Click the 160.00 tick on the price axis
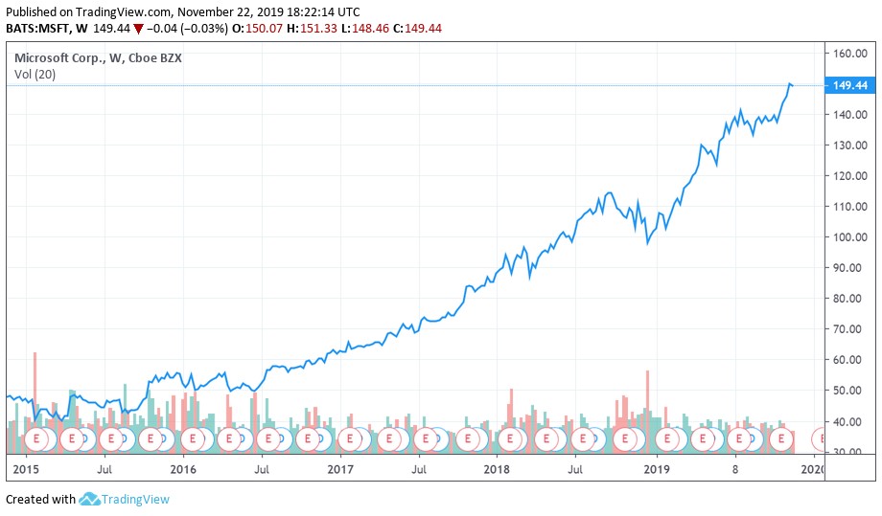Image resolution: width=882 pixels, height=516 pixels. [850, 54]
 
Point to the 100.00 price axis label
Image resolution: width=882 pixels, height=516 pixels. [850, 237]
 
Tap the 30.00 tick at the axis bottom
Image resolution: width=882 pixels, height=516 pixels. [850, 452]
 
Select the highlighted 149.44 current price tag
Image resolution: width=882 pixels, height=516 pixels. [850, 85]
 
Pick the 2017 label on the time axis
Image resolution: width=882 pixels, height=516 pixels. [340, 470]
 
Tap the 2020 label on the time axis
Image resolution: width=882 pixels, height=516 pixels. [813, 470]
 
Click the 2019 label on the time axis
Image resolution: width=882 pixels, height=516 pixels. [656, 470]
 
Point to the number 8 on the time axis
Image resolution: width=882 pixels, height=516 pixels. [735, 470]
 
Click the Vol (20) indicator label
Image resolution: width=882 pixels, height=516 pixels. [34, 76]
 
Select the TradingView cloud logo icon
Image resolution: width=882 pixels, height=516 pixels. [90, 499]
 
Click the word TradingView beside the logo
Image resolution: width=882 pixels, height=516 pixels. [136, 499]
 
